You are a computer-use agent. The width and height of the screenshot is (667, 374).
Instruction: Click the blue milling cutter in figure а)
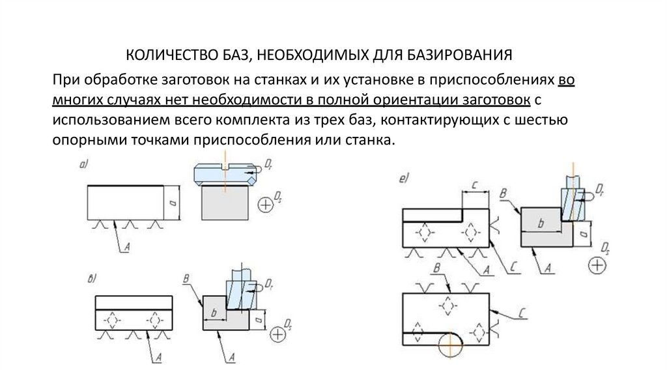(222, 174)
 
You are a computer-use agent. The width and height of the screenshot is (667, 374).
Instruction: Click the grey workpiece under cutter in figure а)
(224, 203)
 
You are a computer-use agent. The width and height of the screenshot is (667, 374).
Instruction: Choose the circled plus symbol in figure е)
(597, 265)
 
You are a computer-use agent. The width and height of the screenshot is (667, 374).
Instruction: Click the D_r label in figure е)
(600, 194)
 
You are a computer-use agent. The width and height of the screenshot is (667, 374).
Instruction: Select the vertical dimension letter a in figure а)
(172, 204)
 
